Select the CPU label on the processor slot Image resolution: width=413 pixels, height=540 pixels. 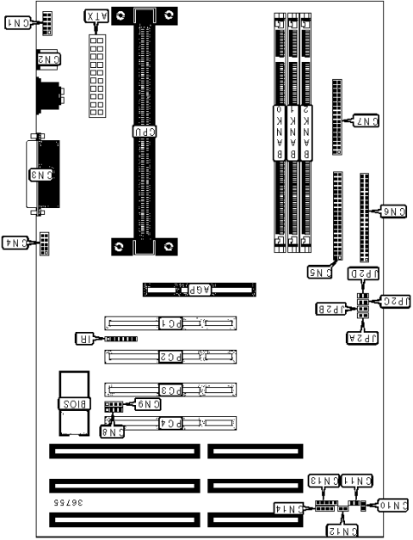[144, 132]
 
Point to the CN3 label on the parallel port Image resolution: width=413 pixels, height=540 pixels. [41, 175]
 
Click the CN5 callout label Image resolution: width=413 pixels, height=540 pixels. [320, 273]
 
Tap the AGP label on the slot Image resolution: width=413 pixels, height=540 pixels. [194, 291]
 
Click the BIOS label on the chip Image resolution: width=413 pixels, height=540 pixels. [72, 402]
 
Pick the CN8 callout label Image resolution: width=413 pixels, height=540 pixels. [114, 432]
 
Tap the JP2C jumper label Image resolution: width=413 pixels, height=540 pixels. [395, 301]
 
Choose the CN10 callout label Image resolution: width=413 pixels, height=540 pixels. [391, 505]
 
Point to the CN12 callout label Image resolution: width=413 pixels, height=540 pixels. [344, 531]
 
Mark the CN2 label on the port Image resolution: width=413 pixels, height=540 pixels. [49, 58]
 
